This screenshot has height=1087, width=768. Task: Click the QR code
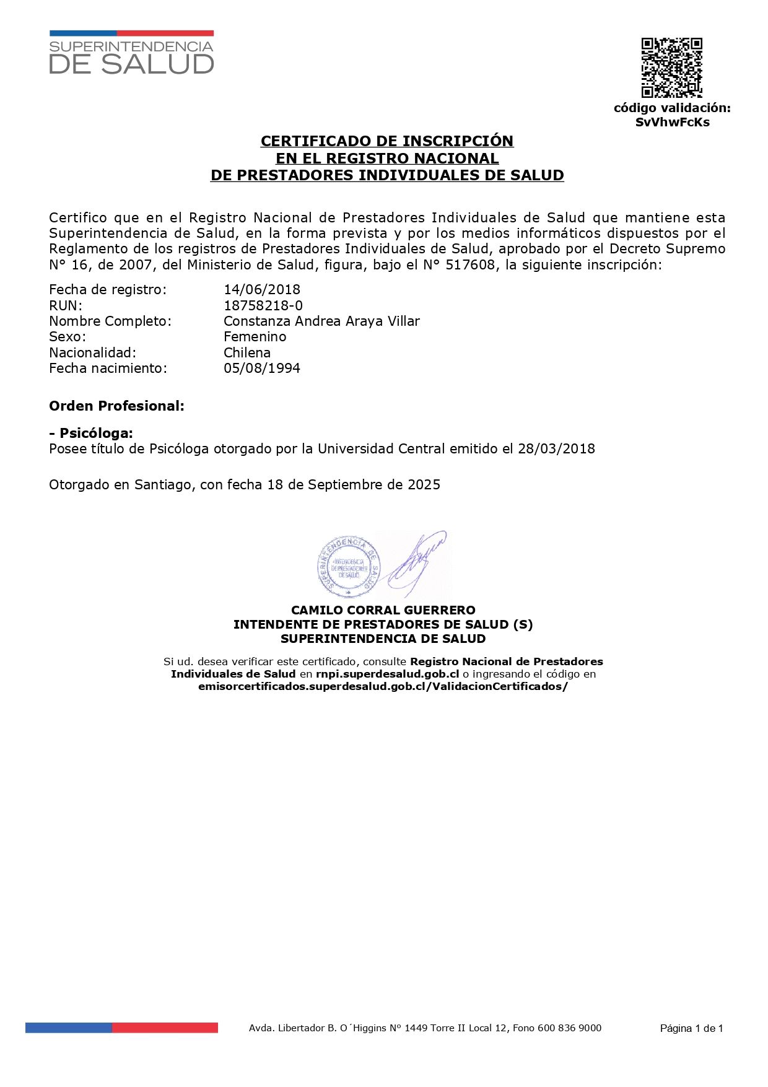pyautogui.click(x=671, y=68)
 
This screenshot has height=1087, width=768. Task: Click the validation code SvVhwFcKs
pyautogui.click(x=672, y=122)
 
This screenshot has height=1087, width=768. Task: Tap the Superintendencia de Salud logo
pyautogui.click(x=131, y=53)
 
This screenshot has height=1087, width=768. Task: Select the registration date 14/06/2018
pyautogui.click(x=262, y=289)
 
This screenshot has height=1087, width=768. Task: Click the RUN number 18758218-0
pyautogui.click(x=263, y=305)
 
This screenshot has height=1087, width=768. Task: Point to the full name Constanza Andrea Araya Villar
pyautogui.click(x=321, y=321)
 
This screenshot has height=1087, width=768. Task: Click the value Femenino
pyautogui.click(x=255, y=336)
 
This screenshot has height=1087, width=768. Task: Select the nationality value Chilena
pyautogui.click(x=247, y=352)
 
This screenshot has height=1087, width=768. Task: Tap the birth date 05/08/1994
pyautogui.click(x=262, y=368)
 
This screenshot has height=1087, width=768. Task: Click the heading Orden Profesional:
pyautogui.click(x=116, y=406)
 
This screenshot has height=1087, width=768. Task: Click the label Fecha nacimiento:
pyautogui.click(x=108, y=368)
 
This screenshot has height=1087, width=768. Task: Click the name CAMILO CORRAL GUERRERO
pyautogui.click(x=383, y=610)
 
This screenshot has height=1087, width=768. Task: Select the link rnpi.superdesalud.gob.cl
pyautogui.click(x=387, y=674)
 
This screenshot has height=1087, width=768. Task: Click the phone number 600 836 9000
pyautogui.click(x=569, y=1028)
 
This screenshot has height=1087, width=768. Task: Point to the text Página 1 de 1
pyautogui.click(x=691, y=1029)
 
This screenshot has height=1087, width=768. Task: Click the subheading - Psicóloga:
pyautogui.click(x=91, y=433)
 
